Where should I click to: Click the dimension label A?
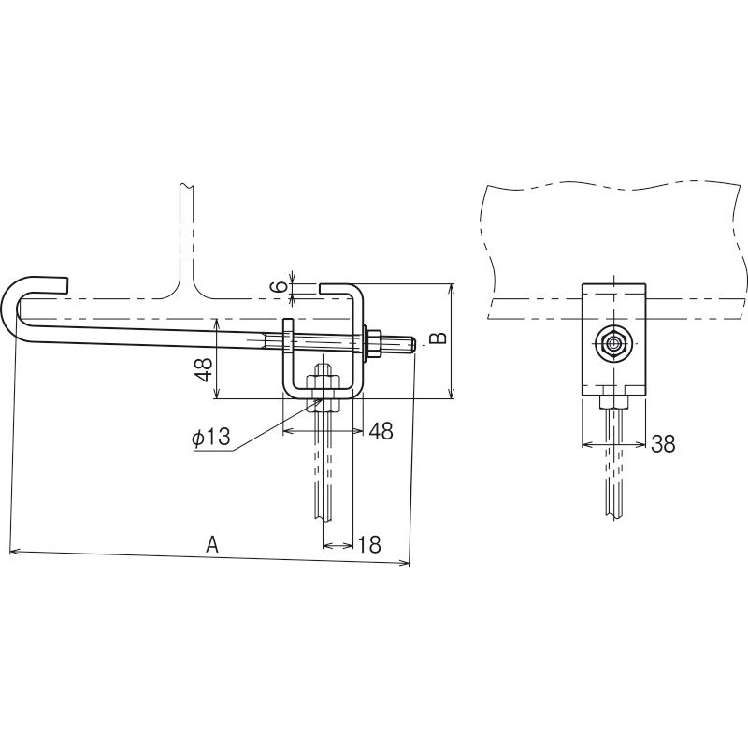pyautogui.click(x=212, y=544)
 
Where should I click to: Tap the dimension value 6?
pyautogui.click(x=282, y=286)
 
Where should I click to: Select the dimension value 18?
pyautogui.click(x=369, y=544)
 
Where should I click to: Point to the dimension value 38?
pyautogui.click(x=663, y=444)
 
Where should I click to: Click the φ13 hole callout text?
pyautogui.click(x=211, y=437)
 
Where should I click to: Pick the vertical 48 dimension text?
pyautogui.click(x=205, y=369)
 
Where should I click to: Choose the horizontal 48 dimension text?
pyautogui.click(x=381, y=431)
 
